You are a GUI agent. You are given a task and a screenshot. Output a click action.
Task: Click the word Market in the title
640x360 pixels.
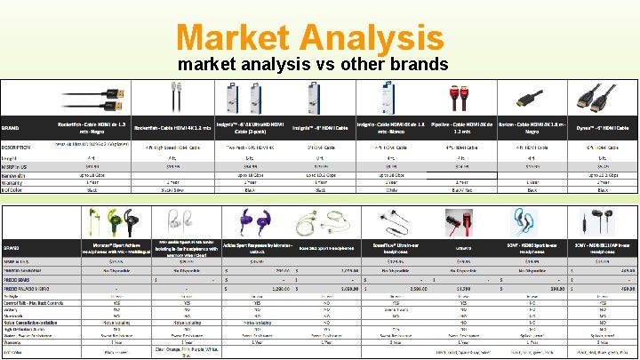234,37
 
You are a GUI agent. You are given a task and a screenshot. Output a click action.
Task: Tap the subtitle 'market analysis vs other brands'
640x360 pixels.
313,65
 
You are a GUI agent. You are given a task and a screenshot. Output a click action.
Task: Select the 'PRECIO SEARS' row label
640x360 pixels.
20,279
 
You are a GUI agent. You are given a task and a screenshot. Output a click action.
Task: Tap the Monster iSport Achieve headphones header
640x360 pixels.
104,248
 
